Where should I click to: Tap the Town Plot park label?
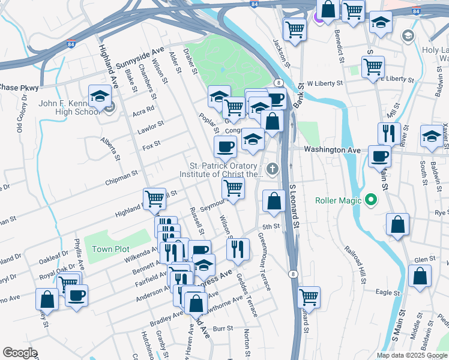110,249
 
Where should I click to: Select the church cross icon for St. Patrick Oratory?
273,170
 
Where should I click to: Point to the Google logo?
20,353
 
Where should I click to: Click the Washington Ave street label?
332,149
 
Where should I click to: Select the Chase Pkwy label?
19,88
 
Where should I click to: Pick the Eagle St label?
387,293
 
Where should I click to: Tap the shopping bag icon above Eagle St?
420,277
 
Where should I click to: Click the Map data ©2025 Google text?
412,355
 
